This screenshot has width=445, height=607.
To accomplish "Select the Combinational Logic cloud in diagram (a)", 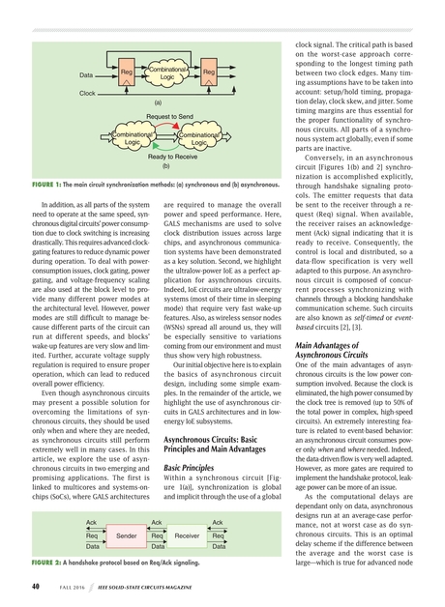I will pos(167,72).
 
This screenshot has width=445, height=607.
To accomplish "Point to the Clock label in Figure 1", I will pos(87,93).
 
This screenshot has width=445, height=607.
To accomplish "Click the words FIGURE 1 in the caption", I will pos(47,184).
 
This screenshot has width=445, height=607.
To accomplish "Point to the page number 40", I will pos(35,586).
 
